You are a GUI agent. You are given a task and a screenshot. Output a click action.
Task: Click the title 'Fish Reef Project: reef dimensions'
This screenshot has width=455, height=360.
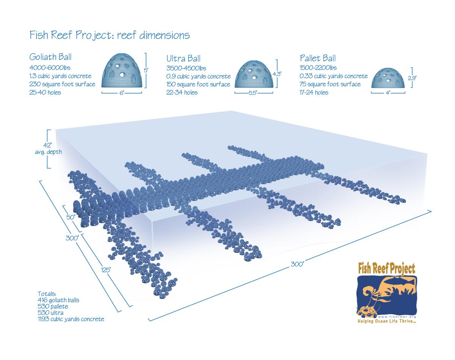(110, 35)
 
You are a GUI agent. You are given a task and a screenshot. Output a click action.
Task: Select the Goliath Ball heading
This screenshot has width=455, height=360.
(50, 57)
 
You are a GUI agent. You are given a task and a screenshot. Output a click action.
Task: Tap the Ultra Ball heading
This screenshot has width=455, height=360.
(183, 58)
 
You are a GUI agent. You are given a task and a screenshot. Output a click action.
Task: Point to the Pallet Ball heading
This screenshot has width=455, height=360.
(318, 58)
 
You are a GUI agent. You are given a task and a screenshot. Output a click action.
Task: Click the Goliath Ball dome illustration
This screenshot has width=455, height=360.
(122, 70)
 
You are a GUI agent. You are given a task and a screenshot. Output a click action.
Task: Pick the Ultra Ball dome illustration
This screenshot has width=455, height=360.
(254, 74)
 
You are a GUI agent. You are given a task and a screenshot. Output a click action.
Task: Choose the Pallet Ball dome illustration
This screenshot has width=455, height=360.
(388, 78)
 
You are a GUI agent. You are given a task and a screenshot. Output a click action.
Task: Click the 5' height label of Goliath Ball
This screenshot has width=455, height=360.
(146, 70)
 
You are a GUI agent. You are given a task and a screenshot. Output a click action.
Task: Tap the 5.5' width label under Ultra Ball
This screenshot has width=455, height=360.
(253, 93)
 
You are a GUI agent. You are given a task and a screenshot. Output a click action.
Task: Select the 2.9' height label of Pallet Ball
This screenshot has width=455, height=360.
(412, 78)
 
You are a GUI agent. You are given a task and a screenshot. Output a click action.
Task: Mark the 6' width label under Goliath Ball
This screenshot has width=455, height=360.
(122, 93)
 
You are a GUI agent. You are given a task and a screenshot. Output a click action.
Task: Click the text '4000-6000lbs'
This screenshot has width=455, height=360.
(50, 68)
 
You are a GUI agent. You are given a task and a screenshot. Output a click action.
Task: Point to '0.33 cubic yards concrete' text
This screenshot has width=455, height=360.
(334, 76)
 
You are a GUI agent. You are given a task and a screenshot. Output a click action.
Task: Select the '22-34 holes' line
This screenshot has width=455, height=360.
(182, 92)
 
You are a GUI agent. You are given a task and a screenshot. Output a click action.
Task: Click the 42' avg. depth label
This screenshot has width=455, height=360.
(49, 149)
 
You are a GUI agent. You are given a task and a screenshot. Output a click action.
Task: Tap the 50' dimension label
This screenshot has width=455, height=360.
(71, 217)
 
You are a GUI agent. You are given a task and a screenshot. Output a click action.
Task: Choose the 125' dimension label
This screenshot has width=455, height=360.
(106, 270)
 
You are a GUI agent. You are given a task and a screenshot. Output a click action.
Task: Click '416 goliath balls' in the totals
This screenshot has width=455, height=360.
(58, 300)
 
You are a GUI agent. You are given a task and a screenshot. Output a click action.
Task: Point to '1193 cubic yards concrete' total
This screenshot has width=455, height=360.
(71, 319)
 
